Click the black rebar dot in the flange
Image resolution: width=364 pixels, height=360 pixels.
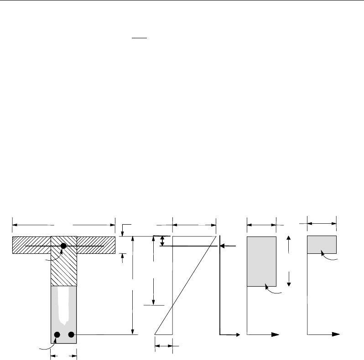pos(64,246)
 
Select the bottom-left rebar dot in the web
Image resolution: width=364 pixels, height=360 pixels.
pos(57,335)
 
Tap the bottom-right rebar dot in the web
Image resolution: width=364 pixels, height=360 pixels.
pos(72,335)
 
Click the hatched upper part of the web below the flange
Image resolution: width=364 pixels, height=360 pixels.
pos(63,269)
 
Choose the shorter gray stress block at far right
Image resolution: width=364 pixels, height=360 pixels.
pos(322,245)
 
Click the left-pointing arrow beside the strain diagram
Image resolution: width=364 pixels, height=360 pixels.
pos(228,246)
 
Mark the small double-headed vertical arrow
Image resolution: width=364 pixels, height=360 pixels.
pos(161,241)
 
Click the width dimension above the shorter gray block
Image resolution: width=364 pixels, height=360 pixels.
pos(322,223)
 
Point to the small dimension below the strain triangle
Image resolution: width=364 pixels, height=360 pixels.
pos(164,347)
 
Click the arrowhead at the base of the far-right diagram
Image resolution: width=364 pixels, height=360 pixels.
pos(337,334)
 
